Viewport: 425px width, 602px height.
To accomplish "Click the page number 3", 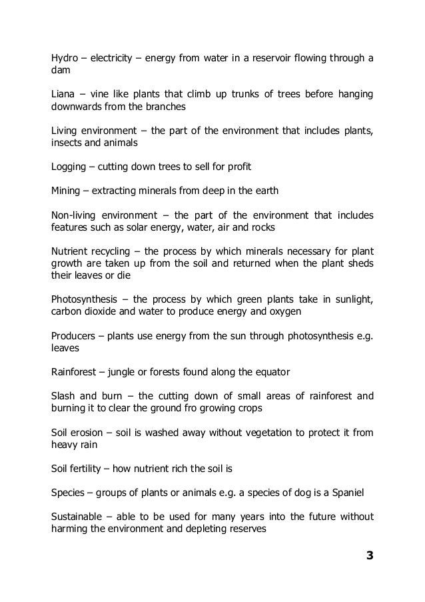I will click(x=369, y=555).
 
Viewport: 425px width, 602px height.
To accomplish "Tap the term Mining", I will click(x=65, y=191).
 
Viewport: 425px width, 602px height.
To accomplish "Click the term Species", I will click(x=69, y=493).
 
